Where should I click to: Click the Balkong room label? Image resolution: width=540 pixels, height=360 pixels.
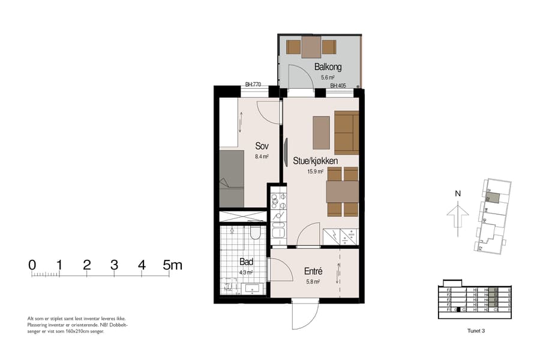(325, 67)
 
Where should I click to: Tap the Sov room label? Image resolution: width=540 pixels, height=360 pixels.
(262, 146)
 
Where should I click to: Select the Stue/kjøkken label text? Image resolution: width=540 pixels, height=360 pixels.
(315, 161)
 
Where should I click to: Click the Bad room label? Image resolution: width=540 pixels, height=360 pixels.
(247, 262)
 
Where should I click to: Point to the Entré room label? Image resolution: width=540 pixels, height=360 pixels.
(313, 271)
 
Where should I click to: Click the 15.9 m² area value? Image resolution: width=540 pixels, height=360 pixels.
(316, 171)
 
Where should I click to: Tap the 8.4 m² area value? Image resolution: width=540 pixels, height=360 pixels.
(262, 156)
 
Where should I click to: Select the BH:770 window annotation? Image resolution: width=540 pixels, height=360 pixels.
(253, 85)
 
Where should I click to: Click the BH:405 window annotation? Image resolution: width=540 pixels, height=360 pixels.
(339, 85)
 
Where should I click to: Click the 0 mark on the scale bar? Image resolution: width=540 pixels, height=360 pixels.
(32, 265)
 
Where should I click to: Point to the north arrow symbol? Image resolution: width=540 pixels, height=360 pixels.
(458, 215)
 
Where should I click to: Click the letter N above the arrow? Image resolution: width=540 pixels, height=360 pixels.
(458, 194)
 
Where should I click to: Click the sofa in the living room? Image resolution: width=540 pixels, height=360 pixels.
(347, 132)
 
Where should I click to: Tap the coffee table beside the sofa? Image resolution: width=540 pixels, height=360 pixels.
(322, 132)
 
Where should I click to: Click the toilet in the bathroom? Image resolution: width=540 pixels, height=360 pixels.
(255, 233)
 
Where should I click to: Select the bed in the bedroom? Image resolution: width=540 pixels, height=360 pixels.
(231, 178)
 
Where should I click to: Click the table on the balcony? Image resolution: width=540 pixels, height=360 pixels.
(311, 47)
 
